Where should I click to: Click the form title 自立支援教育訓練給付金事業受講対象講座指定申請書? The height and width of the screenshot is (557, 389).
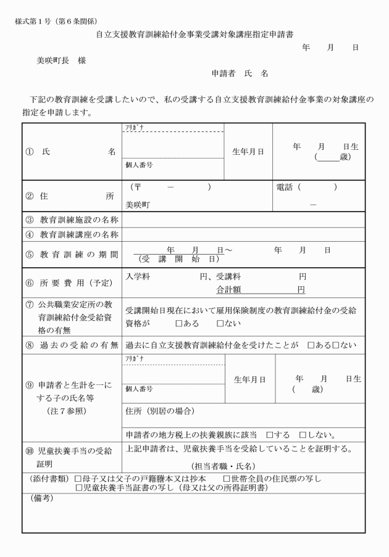pyautogui.click(x=194, y=35)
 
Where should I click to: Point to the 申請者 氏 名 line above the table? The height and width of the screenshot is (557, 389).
pyautogui.click(x=240, y=73)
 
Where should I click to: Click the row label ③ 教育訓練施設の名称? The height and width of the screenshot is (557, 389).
pyautogui.click(x=72, y=220)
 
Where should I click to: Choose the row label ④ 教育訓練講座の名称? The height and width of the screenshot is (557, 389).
pyautogui.click(x=72, y=234)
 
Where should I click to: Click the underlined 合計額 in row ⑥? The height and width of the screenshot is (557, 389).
pyautogui.click(x=228, y=288)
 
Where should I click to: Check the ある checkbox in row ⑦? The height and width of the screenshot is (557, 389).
pyautogui.click(x=179, y=323)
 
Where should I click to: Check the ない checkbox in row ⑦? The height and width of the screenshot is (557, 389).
pyautogui.click(x=220, y=323)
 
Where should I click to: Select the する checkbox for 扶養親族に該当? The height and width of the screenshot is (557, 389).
pyautogui.click(x=270, y=435)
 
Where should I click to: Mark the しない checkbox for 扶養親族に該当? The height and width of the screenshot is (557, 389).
pyautogui.click(x=303, y=435)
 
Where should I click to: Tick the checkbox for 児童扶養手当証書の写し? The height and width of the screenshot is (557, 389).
pyautogui.click(x=78, y=488)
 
